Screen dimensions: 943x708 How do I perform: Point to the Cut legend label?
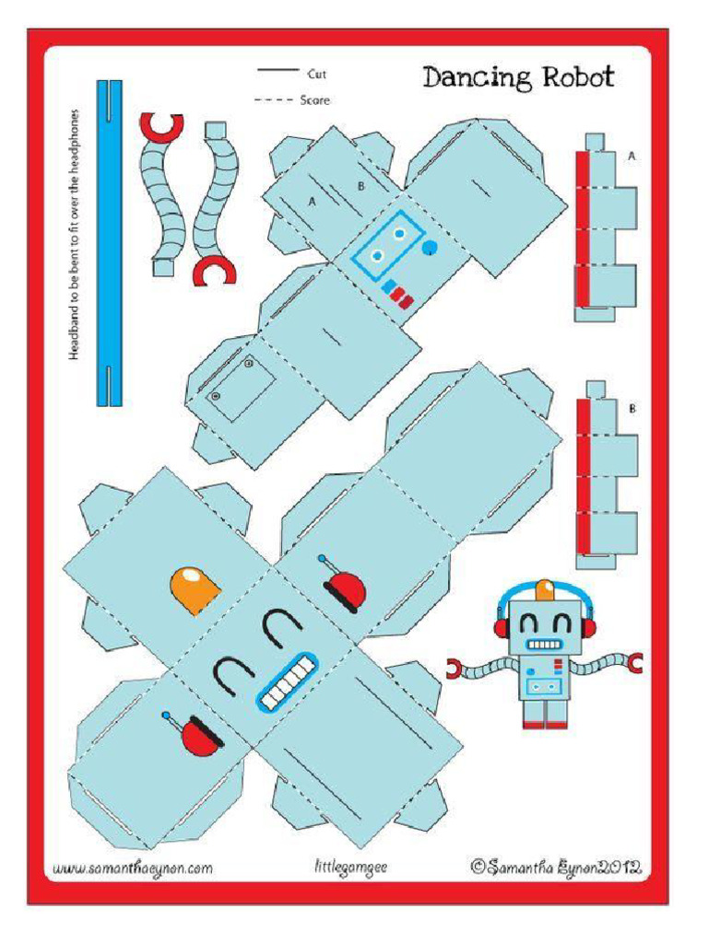tap(316, 74)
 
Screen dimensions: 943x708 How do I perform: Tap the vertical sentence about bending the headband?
tap(75, 235)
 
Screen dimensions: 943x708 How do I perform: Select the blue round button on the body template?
tap(430, 247)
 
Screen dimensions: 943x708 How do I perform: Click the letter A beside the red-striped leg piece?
tap(631, 157)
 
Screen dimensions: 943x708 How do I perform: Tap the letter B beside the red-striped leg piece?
tap(631, 408)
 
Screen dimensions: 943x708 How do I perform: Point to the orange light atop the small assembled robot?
tap(546, 588)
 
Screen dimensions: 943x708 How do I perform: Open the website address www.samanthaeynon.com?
tap(133, 867)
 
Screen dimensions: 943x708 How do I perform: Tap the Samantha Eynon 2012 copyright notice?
tap(555, 866)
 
